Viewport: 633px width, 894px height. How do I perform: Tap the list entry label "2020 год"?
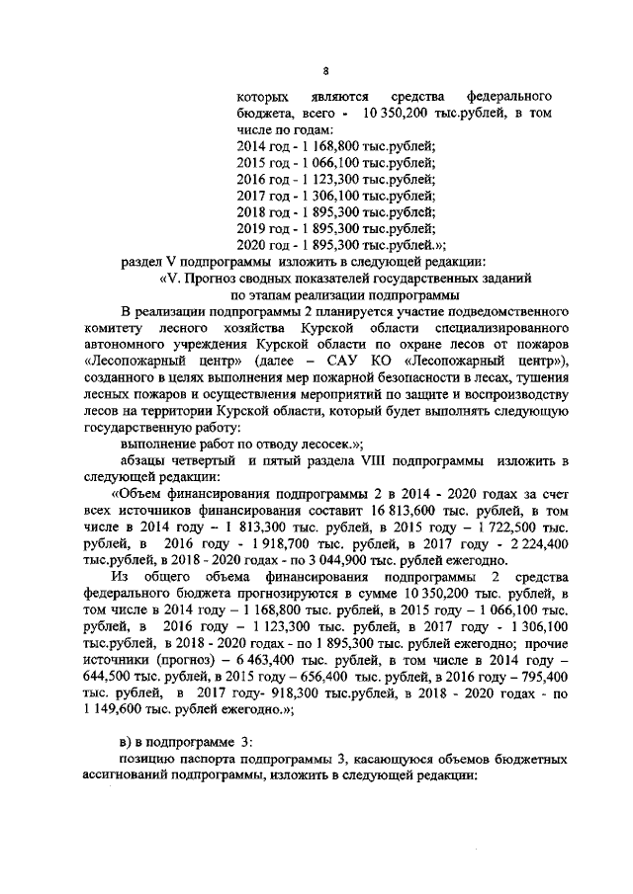point(261,244)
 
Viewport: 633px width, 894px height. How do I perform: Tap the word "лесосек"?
point(269,446)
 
